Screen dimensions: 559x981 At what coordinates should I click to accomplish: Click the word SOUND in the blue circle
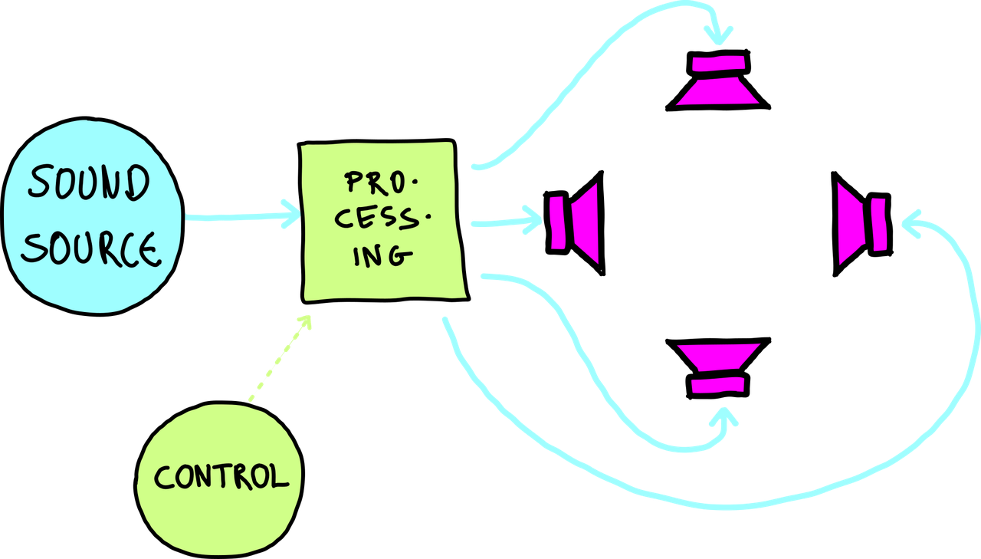pos(87,185)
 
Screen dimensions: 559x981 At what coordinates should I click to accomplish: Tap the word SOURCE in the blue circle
pos(90,247)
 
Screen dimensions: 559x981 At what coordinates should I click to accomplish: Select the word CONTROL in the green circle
pos(221,476)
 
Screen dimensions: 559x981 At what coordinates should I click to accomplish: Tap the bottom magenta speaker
pos(718,368)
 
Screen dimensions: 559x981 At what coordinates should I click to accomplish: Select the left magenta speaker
pos(575,223)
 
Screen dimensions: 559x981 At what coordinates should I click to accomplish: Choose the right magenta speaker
pos(863,223)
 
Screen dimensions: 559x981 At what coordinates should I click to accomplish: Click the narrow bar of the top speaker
pos(718,64)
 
